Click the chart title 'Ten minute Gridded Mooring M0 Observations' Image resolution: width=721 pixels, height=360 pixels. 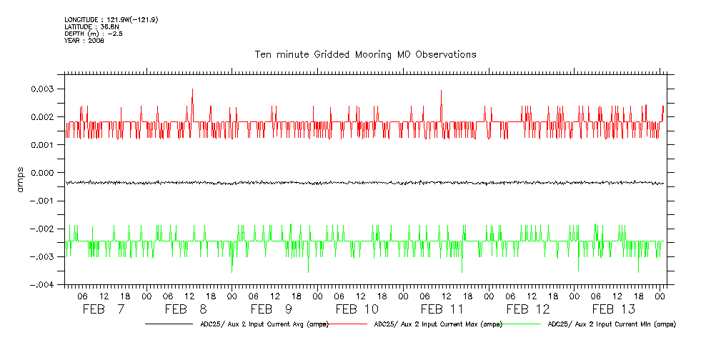(365, 54)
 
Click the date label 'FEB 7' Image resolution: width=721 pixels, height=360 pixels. (104, 309)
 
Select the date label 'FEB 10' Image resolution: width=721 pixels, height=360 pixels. (357, 309)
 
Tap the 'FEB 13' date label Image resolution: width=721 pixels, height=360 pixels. (613, 309)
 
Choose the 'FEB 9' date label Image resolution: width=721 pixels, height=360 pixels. (271, 309)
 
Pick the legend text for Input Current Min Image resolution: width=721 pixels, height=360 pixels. (612, 324)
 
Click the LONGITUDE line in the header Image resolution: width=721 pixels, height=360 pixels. (111, 19)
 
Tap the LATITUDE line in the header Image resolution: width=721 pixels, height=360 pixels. (91, 26)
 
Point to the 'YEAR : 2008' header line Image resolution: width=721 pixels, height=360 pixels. (84, 41)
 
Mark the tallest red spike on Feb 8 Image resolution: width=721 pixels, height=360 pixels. (192, 90)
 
